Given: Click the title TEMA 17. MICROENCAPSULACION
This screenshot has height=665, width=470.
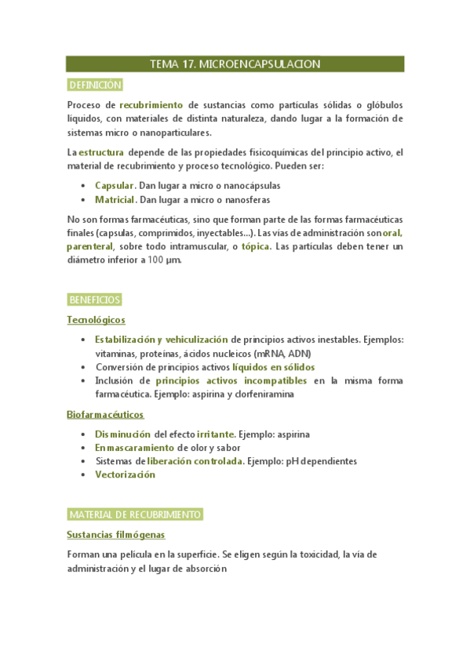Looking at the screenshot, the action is (x=235, y=64).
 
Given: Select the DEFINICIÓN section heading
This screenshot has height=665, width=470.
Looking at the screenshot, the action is (x=95, y=85).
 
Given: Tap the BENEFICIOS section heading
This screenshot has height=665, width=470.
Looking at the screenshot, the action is (x=94, y=300).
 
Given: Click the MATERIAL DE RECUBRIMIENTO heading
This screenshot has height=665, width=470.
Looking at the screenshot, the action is (x=135, y=514).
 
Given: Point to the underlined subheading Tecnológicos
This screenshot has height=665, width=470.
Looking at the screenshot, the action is (x=96, y=320).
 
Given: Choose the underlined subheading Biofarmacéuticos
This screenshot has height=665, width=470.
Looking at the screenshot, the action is (x=105, y=415).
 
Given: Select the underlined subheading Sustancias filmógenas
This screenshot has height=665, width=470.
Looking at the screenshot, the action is (x=115, y=535).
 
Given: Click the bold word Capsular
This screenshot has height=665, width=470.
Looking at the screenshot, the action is (x=115, y=186).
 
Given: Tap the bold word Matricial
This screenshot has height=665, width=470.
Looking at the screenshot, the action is (x=115, y=201).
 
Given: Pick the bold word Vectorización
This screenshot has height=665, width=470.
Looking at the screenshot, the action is (x=125, y=474).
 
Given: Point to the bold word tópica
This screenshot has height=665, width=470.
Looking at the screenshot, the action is (x=257, y=246).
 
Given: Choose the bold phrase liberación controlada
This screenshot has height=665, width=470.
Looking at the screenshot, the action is (x=195, y=461).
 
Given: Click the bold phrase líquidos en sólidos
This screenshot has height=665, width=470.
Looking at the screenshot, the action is (x=274, y=366).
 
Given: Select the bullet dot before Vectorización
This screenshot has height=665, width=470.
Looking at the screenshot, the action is (x=84, y=474).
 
